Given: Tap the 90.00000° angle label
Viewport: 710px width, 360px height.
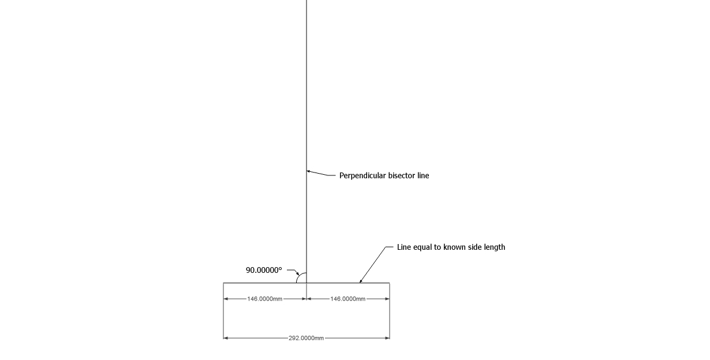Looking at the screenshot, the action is (x=264, y=270).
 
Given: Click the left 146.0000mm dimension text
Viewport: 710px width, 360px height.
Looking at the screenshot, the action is (x=265, y=299).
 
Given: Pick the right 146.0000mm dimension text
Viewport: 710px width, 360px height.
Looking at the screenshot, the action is (x=348, y=299).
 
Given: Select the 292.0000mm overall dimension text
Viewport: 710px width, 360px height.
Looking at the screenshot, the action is (x=306, y=338).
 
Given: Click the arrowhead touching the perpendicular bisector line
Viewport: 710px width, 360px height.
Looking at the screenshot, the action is (x=309, y=171).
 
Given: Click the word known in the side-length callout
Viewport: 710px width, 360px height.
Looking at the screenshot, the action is (x=455, y=247).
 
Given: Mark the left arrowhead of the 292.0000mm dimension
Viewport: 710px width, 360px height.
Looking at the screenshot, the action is (x=226, y=338).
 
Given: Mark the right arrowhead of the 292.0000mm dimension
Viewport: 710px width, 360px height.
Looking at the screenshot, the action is (x=387, y=338).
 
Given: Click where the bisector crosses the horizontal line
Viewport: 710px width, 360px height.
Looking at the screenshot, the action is (x=307, y=283).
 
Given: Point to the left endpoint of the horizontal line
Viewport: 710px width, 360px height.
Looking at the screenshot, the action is (x=223, y=283).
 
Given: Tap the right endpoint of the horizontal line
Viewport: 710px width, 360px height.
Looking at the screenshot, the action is (x=390, y=283).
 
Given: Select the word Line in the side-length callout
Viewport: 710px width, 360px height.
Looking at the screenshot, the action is (x=403, y=247).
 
